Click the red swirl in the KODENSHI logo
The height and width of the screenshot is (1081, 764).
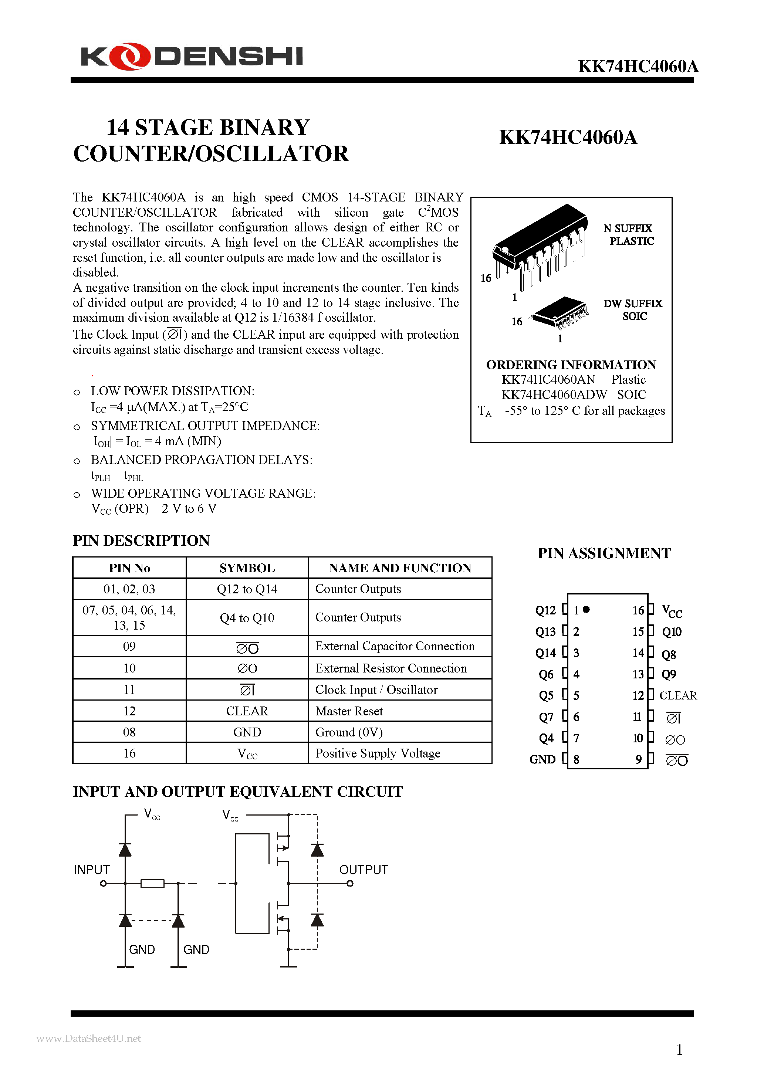point(130,57)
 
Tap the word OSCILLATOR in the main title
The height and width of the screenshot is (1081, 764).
point(272,154)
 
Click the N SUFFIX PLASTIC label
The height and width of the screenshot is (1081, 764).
point(629,234)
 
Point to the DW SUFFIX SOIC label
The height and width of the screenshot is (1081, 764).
point(633,310)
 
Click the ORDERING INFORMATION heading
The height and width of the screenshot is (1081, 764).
point(571,365)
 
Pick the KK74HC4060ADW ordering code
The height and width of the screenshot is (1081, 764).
point(554,394)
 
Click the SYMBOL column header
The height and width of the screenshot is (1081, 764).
point(247,568)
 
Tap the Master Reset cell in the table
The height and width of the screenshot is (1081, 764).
point(349,711)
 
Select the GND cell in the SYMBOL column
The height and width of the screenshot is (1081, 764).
point(247,732)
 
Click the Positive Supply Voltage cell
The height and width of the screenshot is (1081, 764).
point(377,753)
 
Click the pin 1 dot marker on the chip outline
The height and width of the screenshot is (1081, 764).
point(586,610)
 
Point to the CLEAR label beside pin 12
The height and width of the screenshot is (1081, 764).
point(678,695)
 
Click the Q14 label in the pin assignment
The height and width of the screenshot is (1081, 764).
point(545,653)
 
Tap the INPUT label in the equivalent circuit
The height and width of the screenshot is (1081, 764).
point(92,870)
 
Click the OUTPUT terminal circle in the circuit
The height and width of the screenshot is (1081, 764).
point(350,884)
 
